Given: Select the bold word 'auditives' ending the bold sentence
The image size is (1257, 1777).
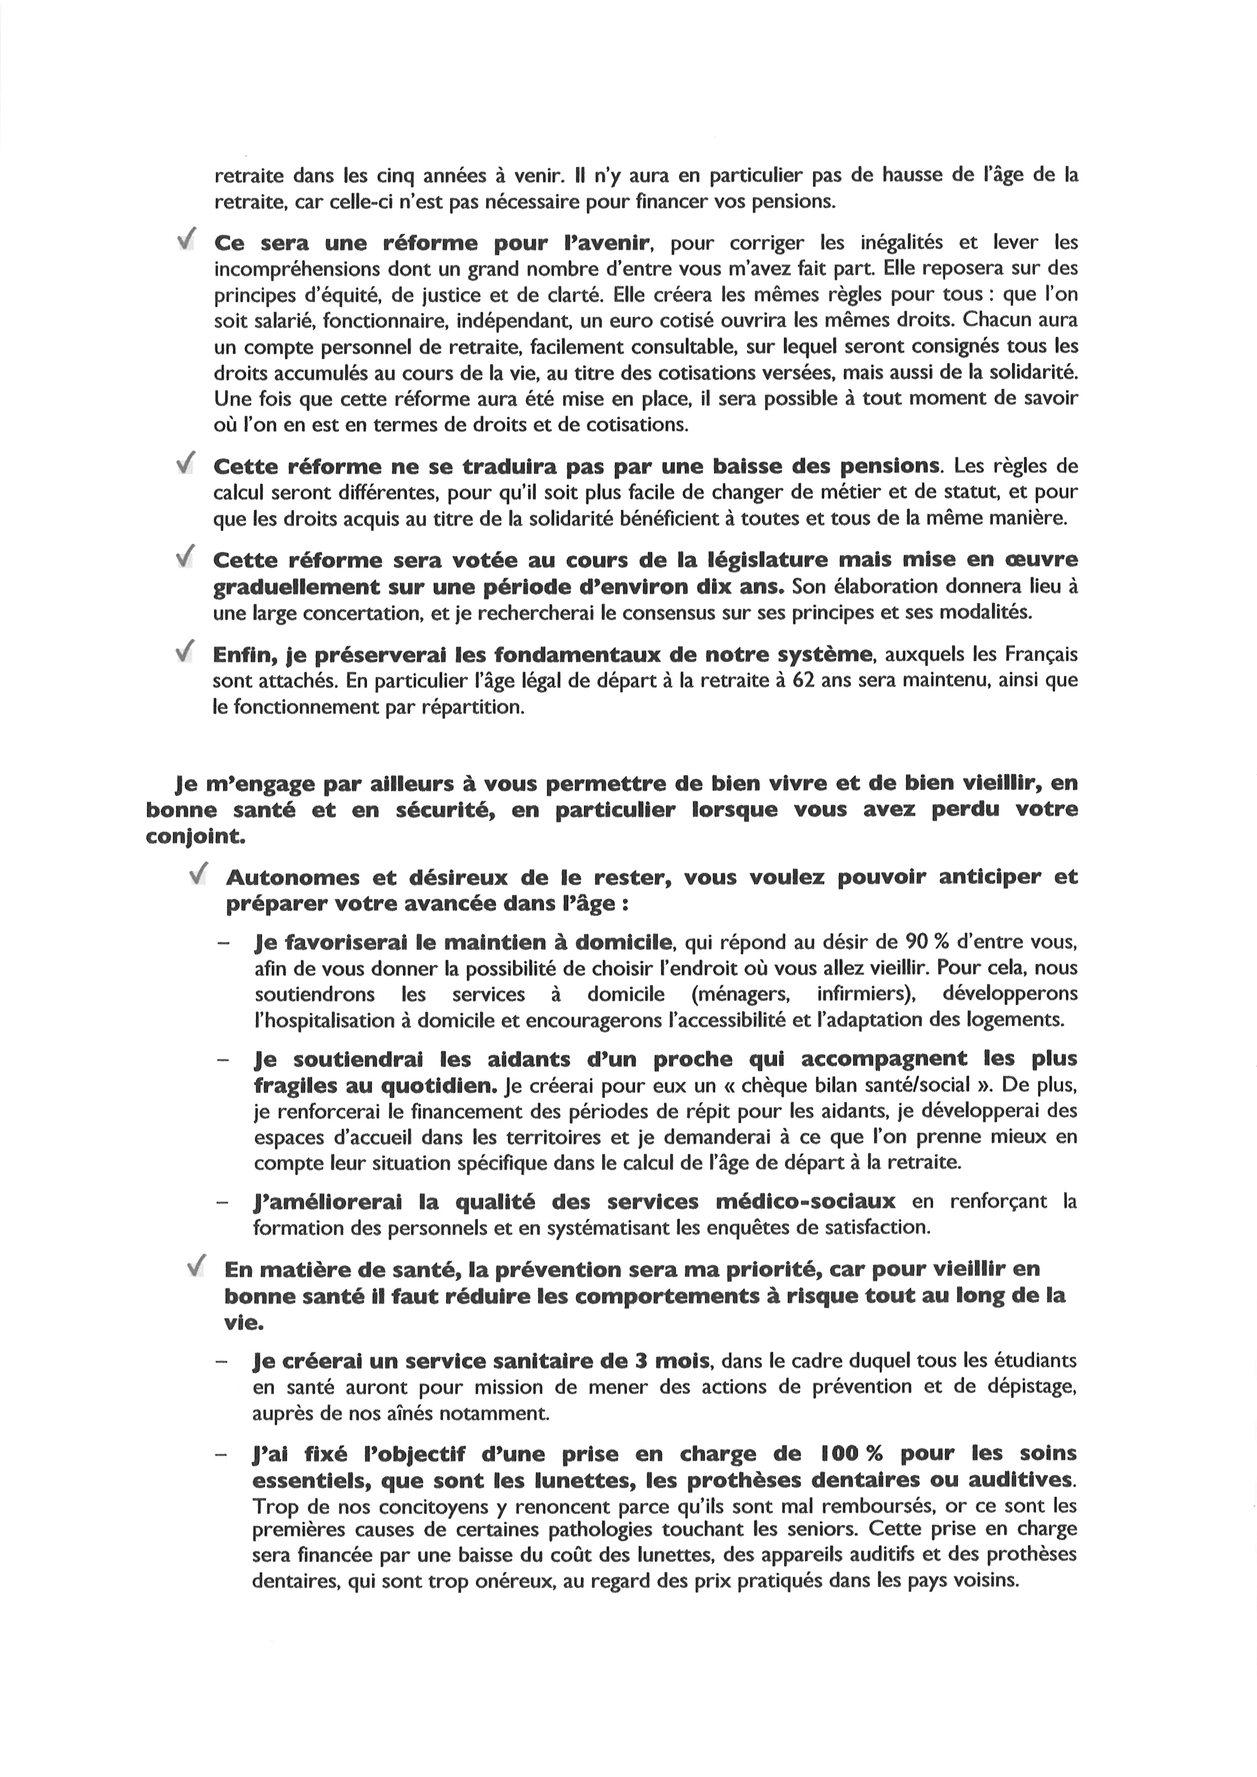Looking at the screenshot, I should pos(1025,1480).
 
